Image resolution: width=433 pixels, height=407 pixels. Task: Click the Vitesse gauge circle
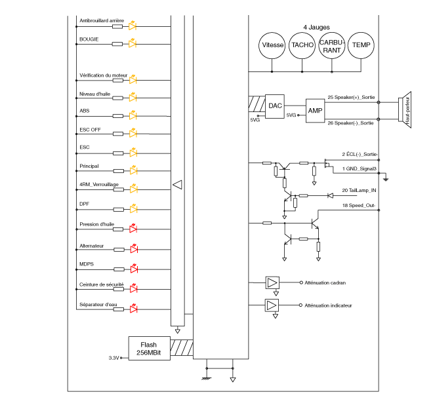(272, 45)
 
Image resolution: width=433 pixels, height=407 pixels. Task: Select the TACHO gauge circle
(302, 45)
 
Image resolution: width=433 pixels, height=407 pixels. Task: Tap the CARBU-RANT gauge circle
(332, 45)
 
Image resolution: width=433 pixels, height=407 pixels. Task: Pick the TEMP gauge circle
(361, 45)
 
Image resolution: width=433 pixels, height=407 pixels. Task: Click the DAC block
(275, 105)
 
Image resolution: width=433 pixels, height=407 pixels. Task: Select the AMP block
(316, 111)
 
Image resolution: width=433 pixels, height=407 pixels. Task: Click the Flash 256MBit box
(148, 348)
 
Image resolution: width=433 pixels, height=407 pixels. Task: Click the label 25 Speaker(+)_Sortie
(350, 97)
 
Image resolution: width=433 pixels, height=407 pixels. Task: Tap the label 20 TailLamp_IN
(358, 190)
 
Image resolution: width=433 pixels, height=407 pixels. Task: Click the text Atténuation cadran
(325, 282)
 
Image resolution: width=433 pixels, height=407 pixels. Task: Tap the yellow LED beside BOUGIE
(133, 44)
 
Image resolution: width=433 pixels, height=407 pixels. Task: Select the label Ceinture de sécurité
(101, 284)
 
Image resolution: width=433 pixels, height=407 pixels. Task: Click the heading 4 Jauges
(316, 27)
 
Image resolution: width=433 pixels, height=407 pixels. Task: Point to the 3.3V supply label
(113, 358)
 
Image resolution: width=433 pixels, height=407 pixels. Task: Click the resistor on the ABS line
(117, 115)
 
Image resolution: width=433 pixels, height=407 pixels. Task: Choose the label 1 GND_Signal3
(358, 168)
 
